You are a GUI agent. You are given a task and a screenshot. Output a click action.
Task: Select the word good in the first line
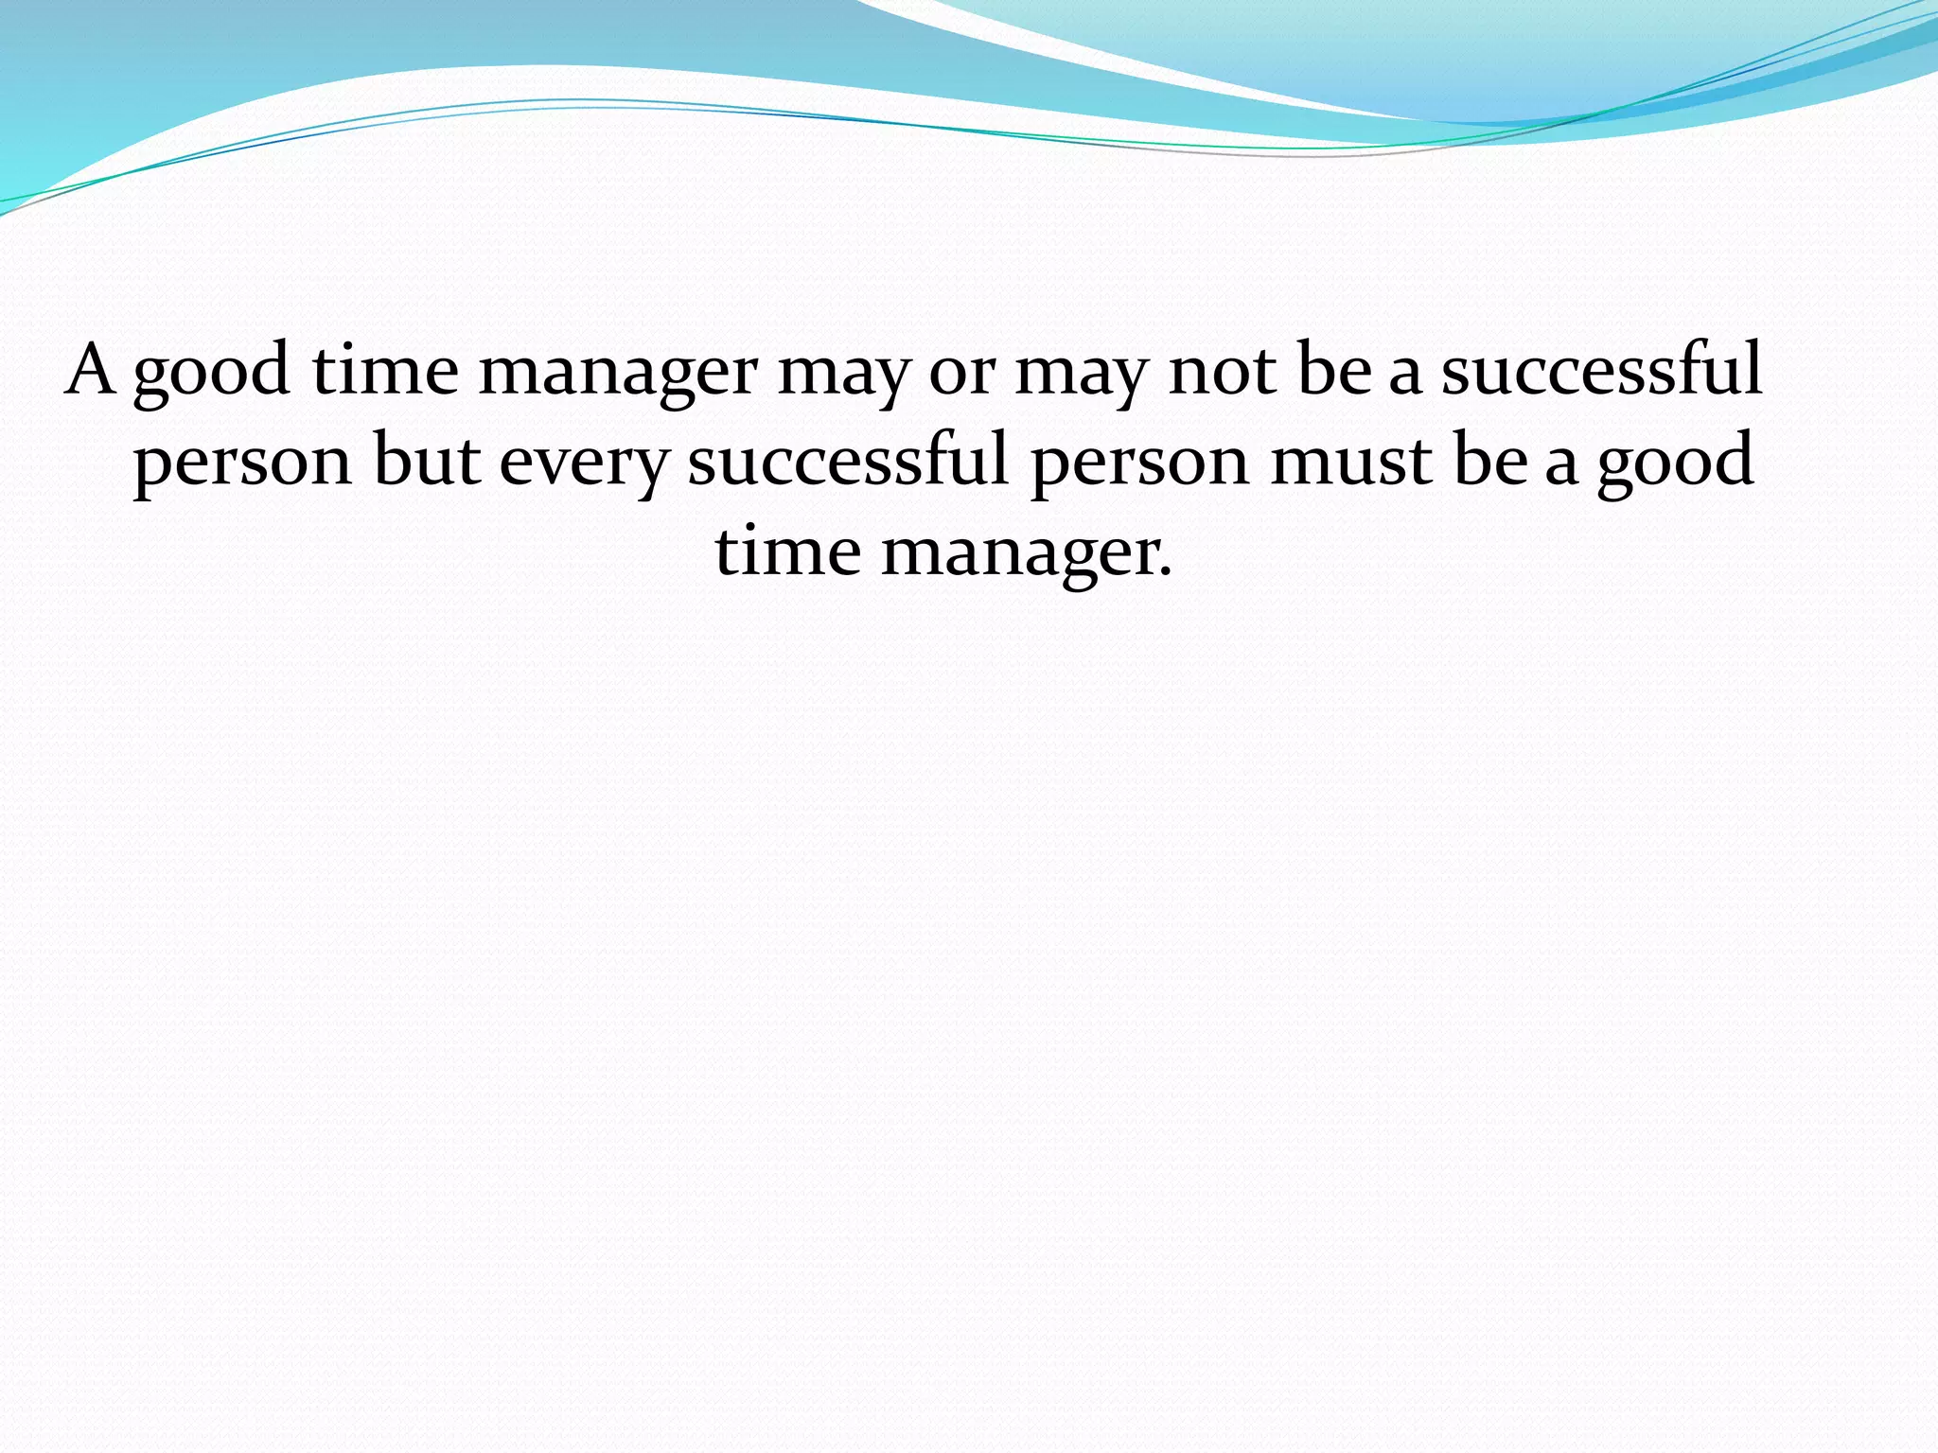(x=211, y=374)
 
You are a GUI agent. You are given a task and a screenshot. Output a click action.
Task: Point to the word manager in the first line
(x=618, y=374)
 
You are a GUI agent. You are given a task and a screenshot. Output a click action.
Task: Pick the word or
(x=961, y=374)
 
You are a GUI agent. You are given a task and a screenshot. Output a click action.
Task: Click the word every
(x=583, y=464)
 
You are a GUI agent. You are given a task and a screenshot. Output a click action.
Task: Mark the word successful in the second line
(x=848, y=460)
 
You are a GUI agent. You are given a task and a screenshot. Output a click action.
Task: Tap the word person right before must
(x=1139, y=464)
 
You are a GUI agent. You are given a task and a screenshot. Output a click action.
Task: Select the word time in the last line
(x=787, y=551)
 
